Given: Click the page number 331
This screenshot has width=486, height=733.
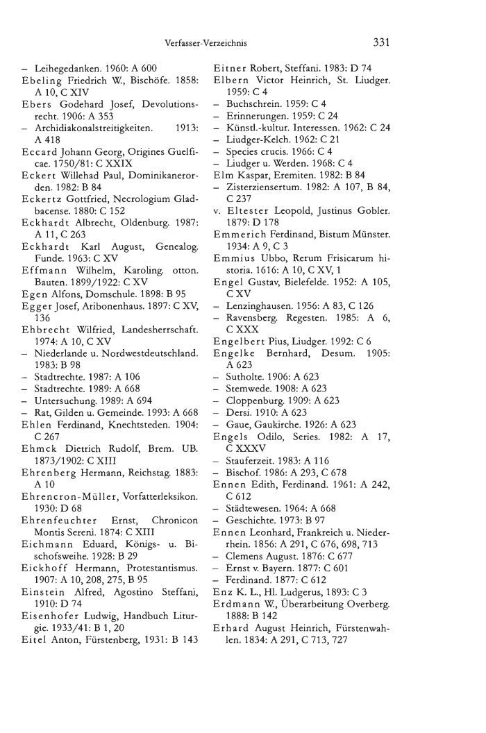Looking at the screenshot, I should click(381, 42).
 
